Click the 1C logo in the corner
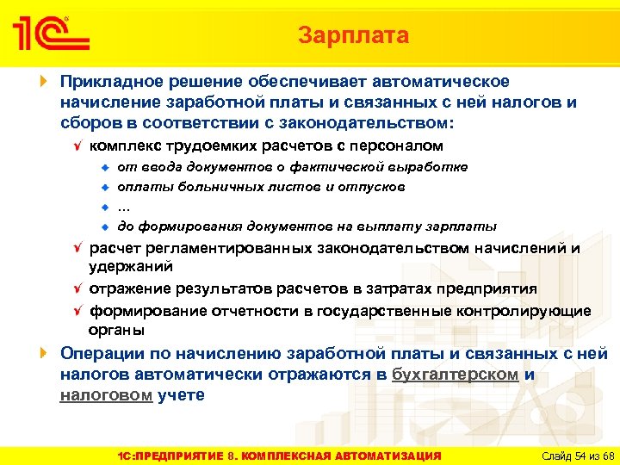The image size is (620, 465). click(50, 35)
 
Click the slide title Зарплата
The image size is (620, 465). click(353, 35)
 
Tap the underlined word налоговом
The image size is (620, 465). click(106, 395)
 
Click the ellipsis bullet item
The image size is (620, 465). click(124, 206)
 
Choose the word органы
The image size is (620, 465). click(116, 330)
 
